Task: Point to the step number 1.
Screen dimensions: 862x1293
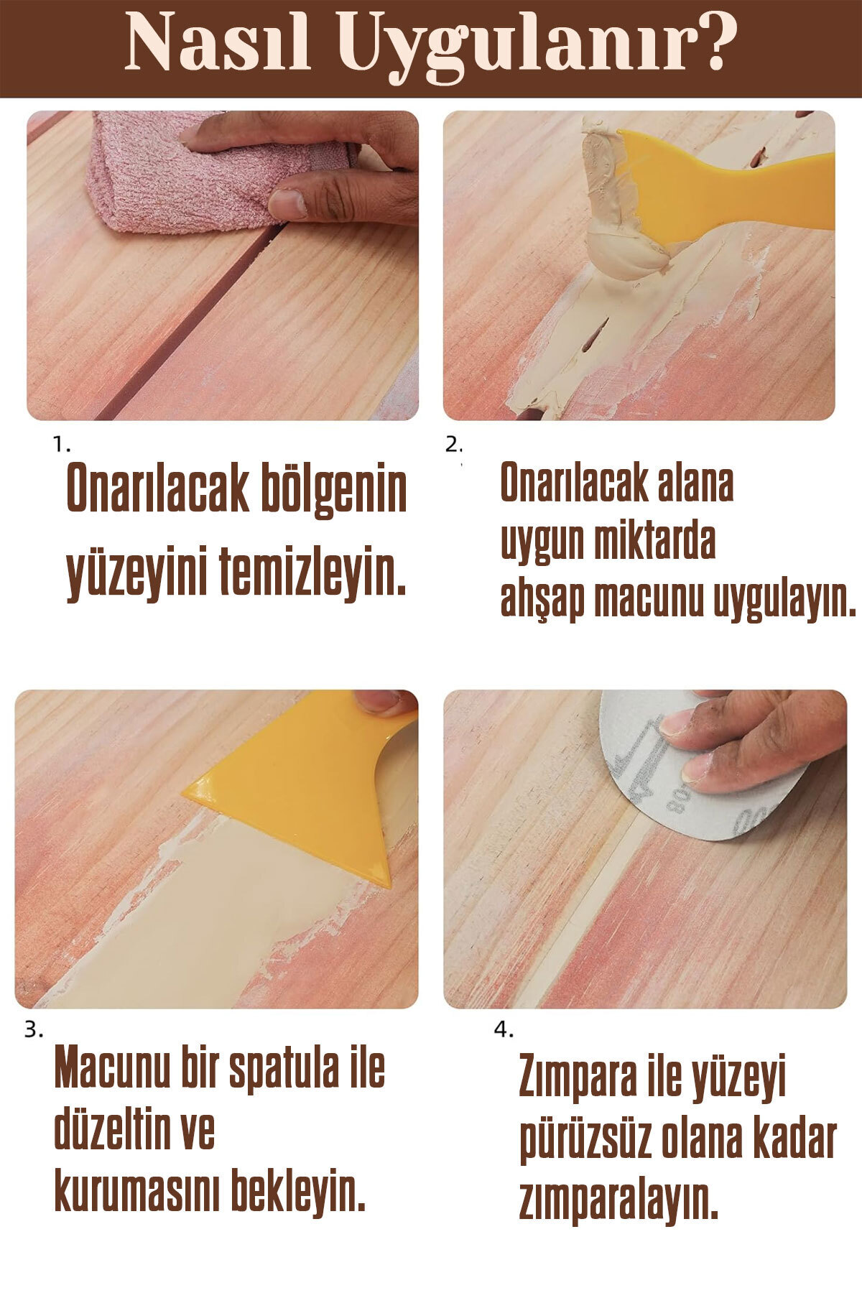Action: tap(62, 445)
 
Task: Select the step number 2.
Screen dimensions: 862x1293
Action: tap(453, 445)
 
